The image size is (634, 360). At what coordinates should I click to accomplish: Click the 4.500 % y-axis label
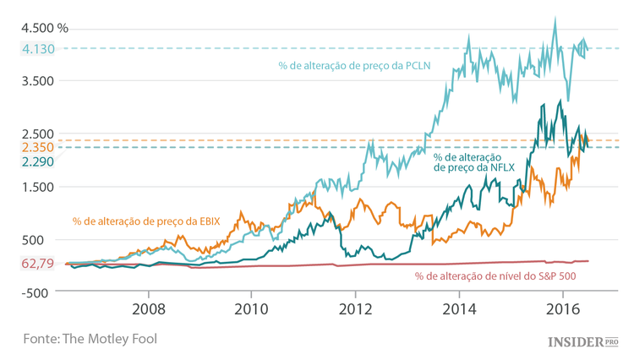pyautogui.click(x=45, y=27)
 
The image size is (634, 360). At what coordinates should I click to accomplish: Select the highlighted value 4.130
pyautogui.click(x=38, y=49)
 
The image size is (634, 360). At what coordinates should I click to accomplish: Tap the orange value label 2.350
pyautogui.click(x=38, y=147)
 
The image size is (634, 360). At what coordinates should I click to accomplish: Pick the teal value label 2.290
pyautogui.click(x=38, y=161)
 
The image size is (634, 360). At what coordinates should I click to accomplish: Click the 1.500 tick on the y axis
pyautogui.click(x=38, y=187)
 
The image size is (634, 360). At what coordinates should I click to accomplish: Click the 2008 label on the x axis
pyautogui.click(x=149, y=309)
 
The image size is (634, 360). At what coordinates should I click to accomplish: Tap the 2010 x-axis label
pyautogui.click(x=252, y=309)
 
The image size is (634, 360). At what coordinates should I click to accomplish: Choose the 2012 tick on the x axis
pyautogui.click(x=355, y=309)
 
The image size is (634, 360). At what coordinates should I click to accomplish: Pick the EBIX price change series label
pyautogui.click(x=145, y=221)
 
